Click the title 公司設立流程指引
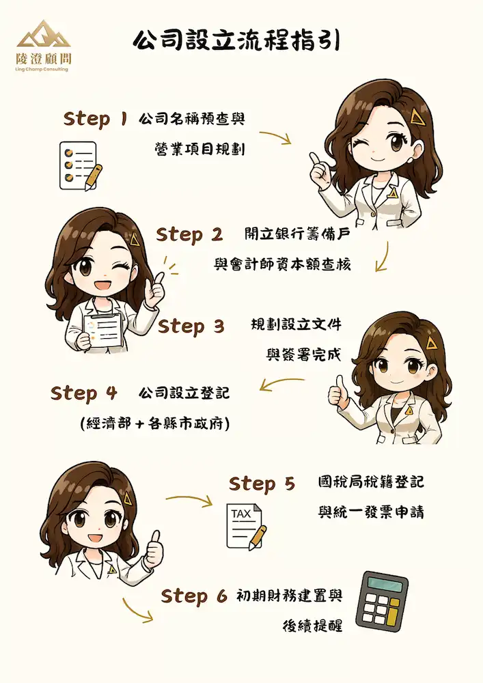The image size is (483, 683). (x=236, y=42)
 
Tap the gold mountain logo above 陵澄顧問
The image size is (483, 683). (x=44, y=33)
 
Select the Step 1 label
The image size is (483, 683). (x=96, y=118)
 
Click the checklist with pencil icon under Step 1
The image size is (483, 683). (x=81, y=166)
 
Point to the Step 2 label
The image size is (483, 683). (x=189, y=235)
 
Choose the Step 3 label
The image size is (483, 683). (x=191, y=326)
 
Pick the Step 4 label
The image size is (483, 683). (x=83, y=393)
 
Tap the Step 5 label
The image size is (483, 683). (x=262, y=484)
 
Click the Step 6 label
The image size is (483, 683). (x=194, y=596)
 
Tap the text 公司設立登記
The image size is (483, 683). (x=184, y=393)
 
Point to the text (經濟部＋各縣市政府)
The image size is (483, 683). (x=155, y=423)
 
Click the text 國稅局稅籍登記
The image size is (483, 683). (x=371, y=482)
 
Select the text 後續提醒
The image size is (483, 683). (x=312, y=626)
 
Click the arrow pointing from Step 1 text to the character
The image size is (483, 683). (x=275, y=135)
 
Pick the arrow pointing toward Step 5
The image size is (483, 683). (x=189, y=499)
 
